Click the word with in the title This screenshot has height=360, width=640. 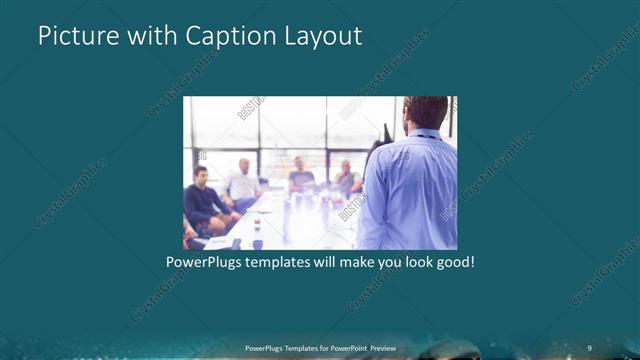[x=149, y=36]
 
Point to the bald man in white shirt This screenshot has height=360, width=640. [x=243, y=181]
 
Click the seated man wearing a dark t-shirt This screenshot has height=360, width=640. [x=301, y=177]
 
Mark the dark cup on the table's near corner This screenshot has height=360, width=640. [x=257, y=243]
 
